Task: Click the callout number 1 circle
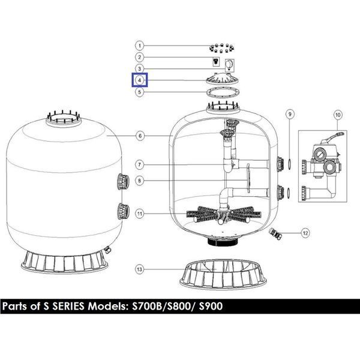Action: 139,46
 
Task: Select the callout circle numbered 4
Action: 139,80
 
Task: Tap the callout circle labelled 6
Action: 140,136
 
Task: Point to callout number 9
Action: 290,114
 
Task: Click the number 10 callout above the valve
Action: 338,115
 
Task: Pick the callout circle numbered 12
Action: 305,233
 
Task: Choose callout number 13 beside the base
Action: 139,269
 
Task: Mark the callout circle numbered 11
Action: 140,214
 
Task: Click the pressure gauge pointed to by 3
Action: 230,65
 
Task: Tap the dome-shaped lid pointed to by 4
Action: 223,79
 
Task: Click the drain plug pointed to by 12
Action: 275,234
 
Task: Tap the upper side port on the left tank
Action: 123,182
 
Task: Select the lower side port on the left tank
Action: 123,211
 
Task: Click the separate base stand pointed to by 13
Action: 223,274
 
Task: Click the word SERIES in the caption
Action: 68,306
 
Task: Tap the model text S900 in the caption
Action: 211,306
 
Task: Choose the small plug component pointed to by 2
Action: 215,61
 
